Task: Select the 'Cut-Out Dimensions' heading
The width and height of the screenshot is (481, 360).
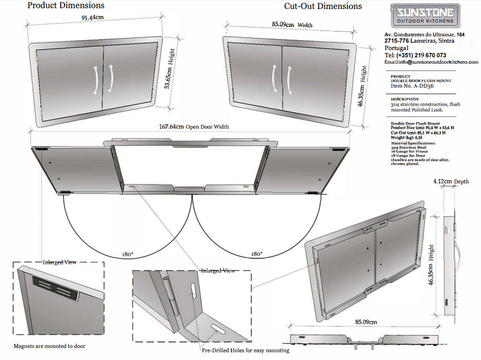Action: pos(323,7)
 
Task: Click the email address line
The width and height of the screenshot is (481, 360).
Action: pos(431,63)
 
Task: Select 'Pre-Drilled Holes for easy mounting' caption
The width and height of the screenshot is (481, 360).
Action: pos(245,350)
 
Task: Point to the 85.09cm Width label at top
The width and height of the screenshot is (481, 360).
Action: pos(292,25)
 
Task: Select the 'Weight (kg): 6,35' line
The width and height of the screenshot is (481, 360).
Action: pos(407,136)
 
